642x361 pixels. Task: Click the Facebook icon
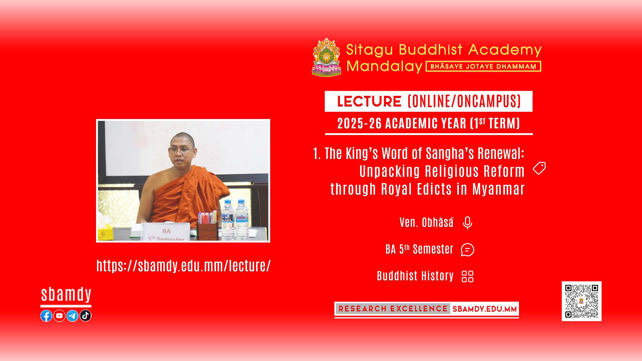(x=46, y=316)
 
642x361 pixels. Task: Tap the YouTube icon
(x=59, y=316)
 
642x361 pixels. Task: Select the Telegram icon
(x=72, y=316)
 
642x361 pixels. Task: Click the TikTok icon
(x=85, y=316)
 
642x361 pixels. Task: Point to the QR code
(x=582, y=301)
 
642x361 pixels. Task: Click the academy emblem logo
(x=327, y=57)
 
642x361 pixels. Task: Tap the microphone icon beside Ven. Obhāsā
(x=467, y=223)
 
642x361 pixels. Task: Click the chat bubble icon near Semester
(x=467, y=250)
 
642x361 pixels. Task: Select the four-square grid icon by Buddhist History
(x=468, y=276)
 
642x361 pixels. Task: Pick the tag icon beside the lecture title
(x=539, y=168)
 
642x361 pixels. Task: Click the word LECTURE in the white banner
(x=369, y=101)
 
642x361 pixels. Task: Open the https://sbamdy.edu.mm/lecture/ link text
(x=184, y=266)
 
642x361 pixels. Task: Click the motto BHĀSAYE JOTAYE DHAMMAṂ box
(x=483, y=66)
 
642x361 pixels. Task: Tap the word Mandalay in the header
(x=384, y=66)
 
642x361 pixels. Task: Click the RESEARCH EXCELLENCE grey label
(x=393, y=309)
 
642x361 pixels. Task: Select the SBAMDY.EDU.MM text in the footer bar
(x=484, y=309)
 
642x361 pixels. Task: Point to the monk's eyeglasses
(x=181, y=151)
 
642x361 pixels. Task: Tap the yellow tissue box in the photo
(x=105, y=232)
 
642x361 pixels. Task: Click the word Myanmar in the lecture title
(x=498, y=189)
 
